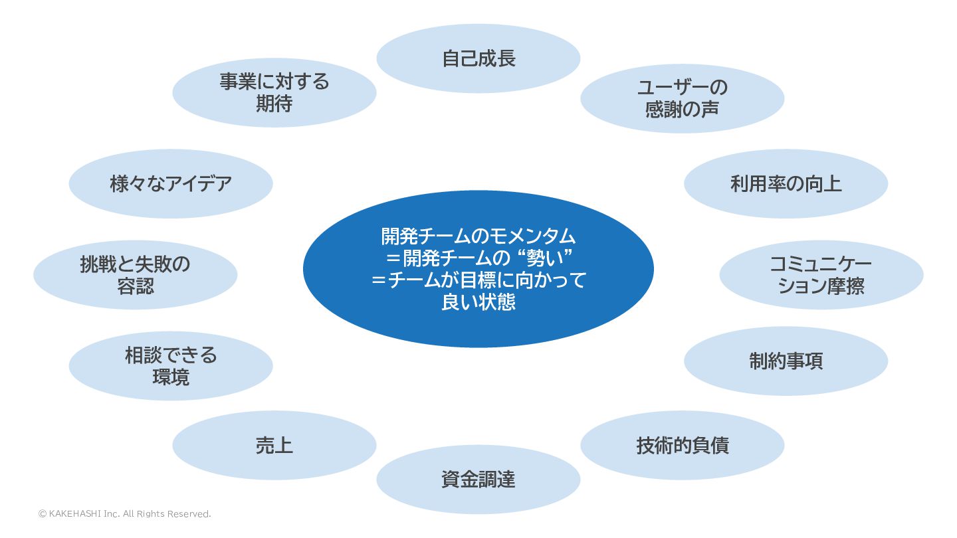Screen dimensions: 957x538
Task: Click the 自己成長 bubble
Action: coord(478,58)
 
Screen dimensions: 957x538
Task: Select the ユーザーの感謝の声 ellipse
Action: coord(682,98)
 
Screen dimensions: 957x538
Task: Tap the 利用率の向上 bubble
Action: coord(786,183)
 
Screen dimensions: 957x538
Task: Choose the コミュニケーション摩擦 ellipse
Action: coord(821,275)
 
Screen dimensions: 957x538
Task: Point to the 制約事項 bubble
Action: coord(786,361)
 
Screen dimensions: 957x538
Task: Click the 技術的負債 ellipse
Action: coord(682,445)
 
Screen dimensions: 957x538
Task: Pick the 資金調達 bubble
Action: coord(478,479)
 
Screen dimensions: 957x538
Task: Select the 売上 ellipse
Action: coord(274,445)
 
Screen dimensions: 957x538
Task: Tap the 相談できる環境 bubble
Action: coord(171,366)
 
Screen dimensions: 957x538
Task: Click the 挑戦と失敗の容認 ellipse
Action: coord(135,275)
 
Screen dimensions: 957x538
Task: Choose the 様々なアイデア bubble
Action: coord(171,183)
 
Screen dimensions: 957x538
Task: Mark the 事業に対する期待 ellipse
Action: coord(274,92)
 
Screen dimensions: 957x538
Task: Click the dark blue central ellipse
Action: coord(478,269)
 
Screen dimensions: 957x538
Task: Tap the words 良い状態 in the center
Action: coord(478,302)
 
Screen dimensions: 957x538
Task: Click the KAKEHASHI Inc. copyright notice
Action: coord(124,513)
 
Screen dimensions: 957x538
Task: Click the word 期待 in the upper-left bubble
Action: coord(274,104)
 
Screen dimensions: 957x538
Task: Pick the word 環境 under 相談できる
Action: coord(171,377)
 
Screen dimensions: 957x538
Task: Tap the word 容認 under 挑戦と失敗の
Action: coord(135,286)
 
